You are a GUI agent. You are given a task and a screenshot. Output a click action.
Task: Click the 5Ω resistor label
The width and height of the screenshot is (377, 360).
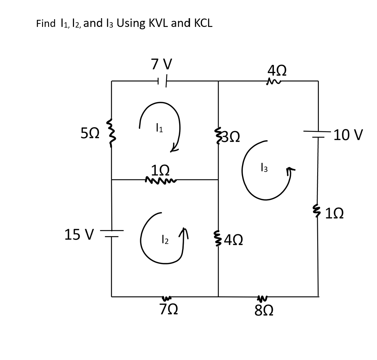[x=90, y=134]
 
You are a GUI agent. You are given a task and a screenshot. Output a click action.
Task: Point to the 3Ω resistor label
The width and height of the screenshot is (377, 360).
[x=231, y=137]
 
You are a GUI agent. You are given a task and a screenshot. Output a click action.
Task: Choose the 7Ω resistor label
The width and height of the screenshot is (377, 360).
[x=168, y=309]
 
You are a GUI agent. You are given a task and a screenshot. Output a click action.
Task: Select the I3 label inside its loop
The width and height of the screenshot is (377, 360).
[x=264, y=167]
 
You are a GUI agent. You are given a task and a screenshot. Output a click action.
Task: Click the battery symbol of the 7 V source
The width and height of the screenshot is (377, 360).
[x=162, y=81]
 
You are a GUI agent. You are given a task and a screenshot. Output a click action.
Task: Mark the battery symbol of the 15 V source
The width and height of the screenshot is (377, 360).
[x=112, y=233]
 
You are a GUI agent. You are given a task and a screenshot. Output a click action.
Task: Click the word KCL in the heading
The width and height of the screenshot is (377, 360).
[x=202, y=23]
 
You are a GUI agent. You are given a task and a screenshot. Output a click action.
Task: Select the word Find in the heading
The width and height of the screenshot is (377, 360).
[x=46, y=24]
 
